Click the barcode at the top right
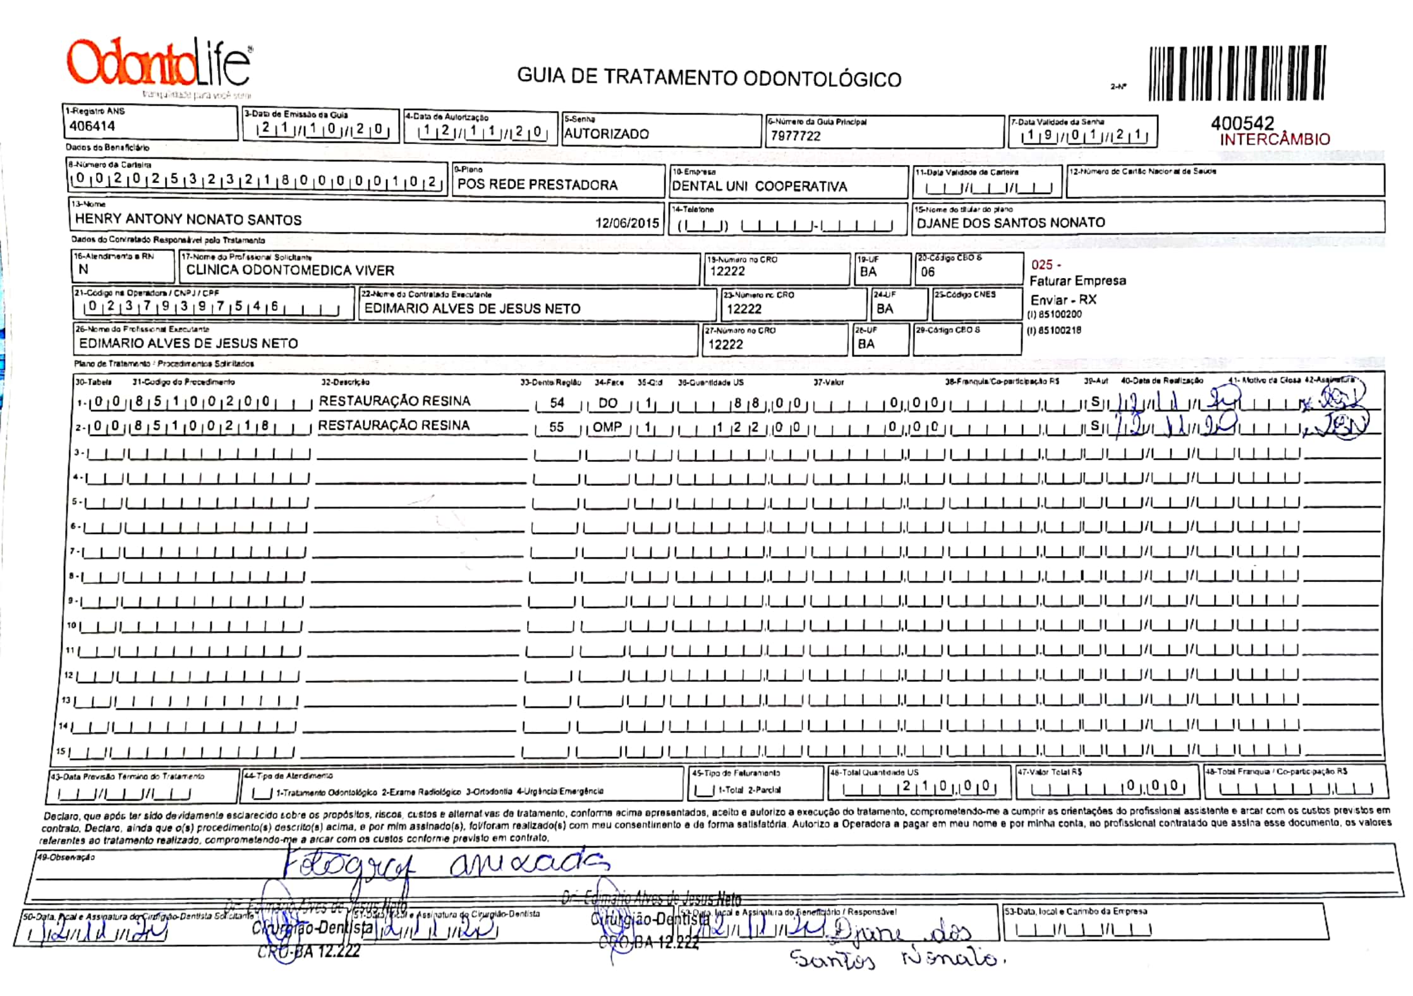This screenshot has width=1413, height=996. [1237, 73]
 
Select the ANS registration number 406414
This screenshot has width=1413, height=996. [92, 126]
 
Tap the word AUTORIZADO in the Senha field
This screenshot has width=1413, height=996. [606, 134]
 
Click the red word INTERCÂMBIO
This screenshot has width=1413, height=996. [1275, 140]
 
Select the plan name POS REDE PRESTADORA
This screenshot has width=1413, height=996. [537, 185]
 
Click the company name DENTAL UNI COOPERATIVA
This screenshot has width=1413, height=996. [759, 186]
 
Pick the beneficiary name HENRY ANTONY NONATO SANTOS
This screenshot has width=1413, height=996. [188, 219]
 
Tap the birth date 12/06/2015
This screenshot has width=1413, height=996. [626, 223]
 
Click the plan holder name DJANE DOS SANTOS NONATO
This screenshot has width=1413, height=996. [1010, 222]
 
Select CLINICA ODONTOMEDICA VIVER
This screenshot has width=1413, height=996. [290, 270]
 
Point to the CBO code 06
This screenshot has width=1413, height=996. [927, 272]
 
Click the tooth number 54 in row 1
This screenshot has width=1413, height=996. [557, 403]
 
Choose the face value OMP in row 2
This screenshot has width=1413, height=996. [607, 427]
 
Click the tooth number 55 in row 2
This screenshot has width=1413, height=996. [556, 427]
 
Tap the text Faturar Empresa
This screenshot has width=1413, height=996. [1077, 281]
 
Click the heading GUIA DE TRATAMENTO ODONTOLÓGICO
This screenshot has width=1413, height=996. [709, 78]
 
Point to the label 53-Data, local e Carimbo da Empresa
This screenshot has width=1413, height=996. [1075, 911]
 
